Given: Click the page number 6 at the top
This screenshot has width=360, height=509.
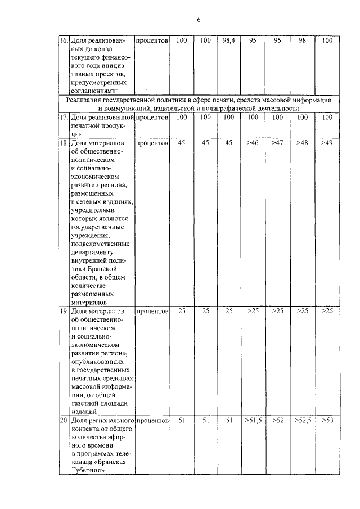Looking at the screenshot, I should (199, 20).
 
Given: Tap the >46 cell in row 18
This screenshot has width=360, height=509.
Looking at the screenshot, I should (253, 143).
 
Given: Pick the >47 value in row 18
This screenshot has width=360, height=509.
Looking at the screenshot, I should (277, 143).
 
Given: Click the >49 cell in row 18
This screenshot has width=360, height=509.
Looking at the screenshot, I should (327, 143).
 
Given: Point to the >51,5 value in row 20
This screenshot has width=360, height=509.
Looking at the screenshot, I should (253, 420).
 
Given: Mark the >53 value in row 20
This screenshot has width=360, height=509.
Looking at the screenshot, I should (327, 420).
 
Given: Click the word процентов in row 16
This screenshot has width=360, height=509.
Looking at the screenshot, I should (152, 41).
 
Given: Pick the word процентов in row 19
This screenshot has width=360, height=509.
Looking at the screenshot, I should (152, 310).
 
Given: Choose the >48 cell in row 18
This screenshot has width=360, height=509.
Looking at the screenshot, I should (303, 143).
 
